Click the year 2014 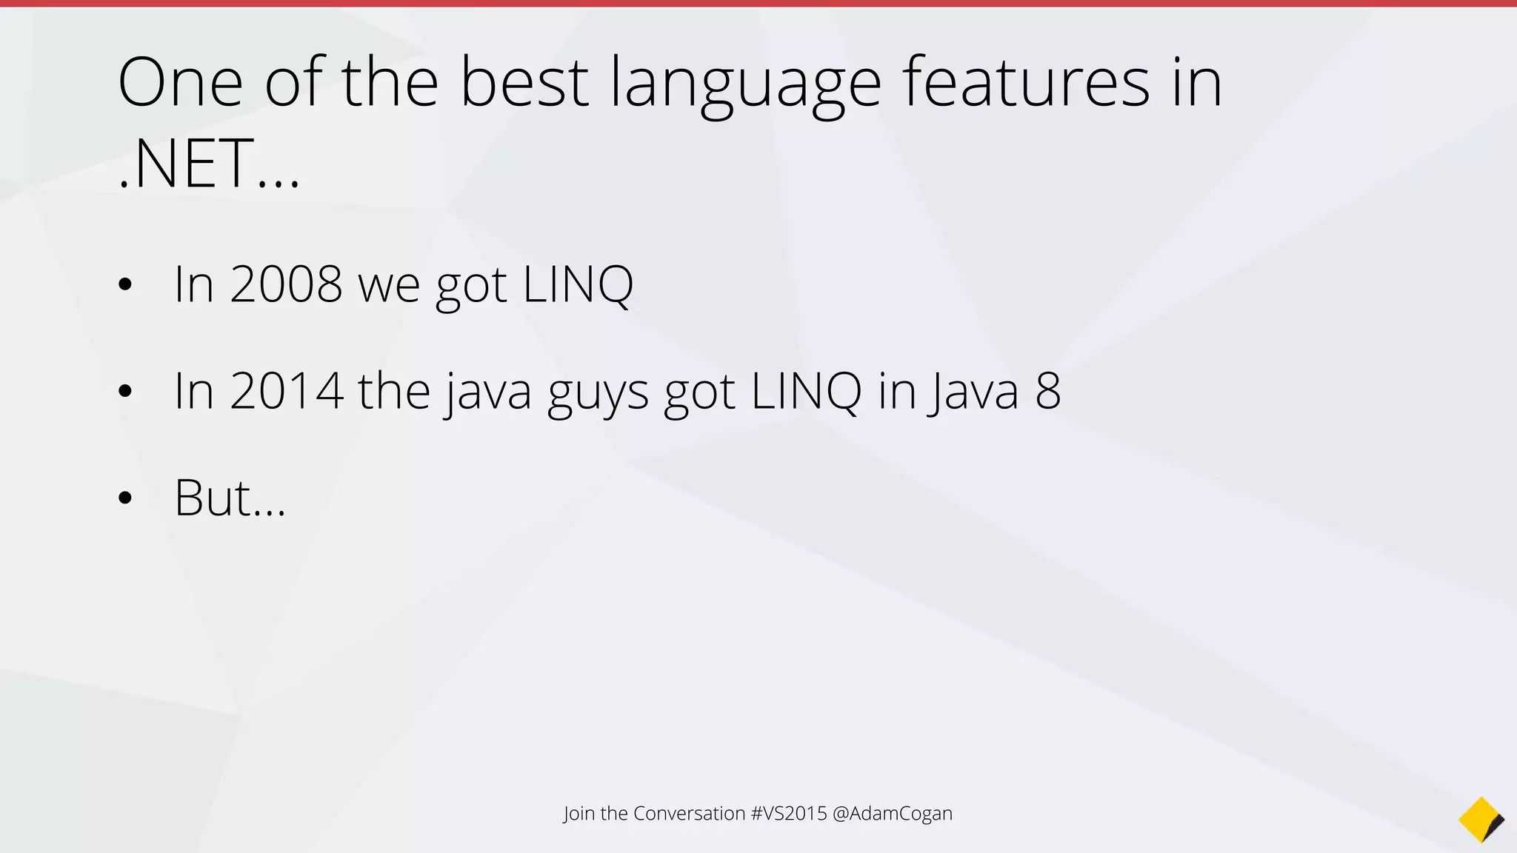[287, 391]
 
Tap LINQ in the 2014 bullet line [806, 391]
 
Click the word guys [598, 392]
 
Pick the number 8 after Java [1048, 391]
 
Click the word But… [230, 498]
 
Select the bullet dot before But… [124, 498]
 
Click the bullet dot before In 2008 [124, 284]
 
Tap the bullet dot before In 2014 [124, 392]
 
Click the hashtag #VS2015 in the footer [788, 813]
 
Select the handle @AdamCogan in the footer [893, 813]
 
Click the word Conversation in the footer [689, 813]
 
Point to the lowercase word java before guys [490, 392]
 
